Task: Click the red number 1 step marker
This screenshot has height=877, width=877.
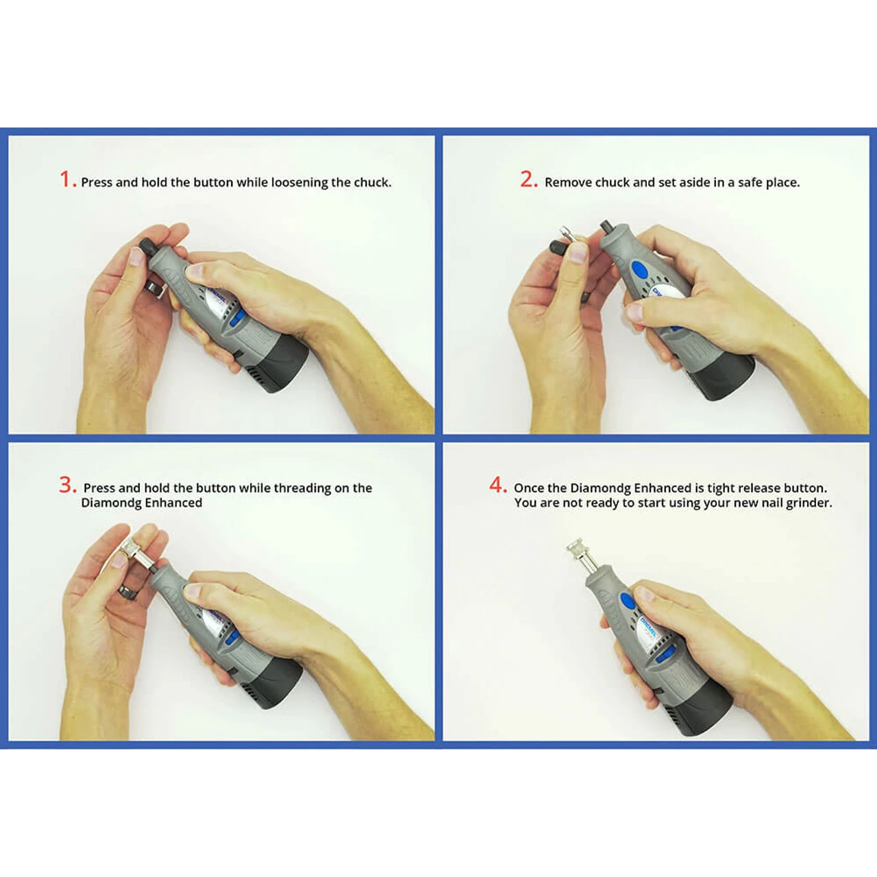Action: coord(66,180)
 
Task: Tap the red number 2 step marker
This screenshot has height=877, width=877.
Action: coord(528,180)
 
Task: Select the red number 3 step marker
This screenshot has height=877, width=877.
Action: coord(66,485)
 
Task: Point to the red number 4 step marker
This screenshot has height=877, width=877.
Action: coord(497,485)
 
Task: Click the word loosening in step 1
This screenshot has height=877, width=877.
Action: coord(299,182)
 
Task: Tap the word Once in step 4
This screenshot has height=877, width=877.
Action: coord(528,488)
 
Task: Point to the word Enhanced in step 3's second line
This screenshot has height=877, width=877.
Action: coord(173,503)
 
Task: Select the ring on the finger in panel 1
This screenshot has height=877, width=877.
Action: coord(158,288)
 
